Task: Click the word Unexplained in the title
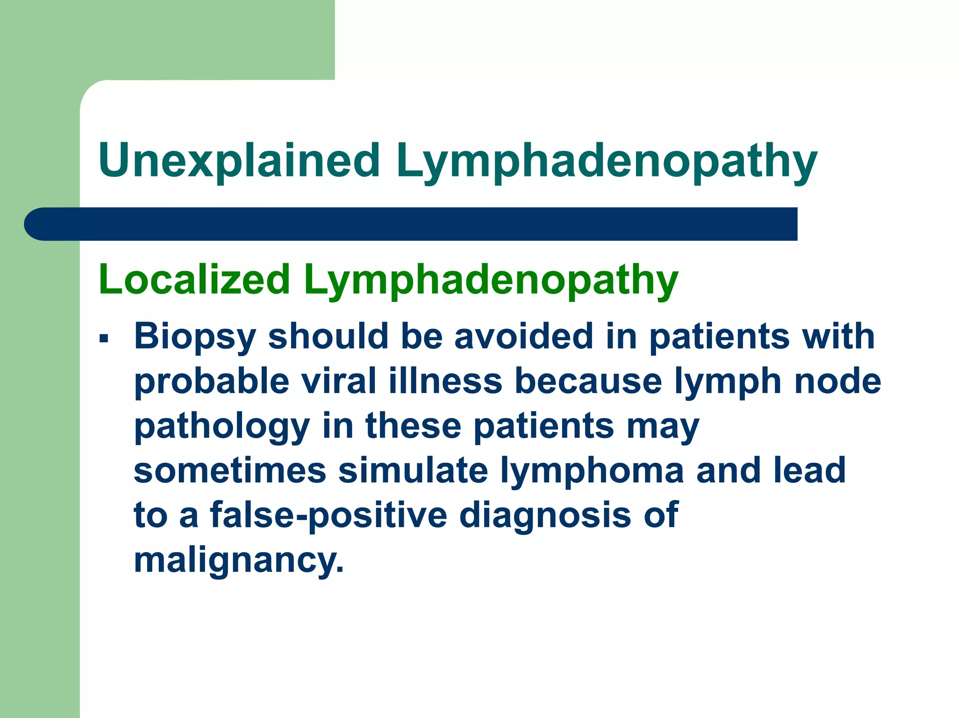(x=239, y=161)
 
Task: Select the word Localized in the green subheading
(x=194, y=280)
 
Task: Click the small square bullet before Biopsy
(x=104, y=338)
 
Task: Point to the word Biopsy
(x=195, y=337)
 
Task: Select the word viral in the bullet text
(x=339, y=381)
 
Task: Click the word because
(x=588, y=381)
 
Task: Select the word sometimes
(x=230, y=470)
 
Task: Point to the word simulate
(x=413, y=470)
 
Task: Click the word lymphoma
(x=592, y=470)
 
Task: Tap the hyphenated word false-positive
(x=329, y=515)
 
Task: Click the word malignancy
(x=238, y=560)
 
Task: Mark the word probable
(x=212, y=381)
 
